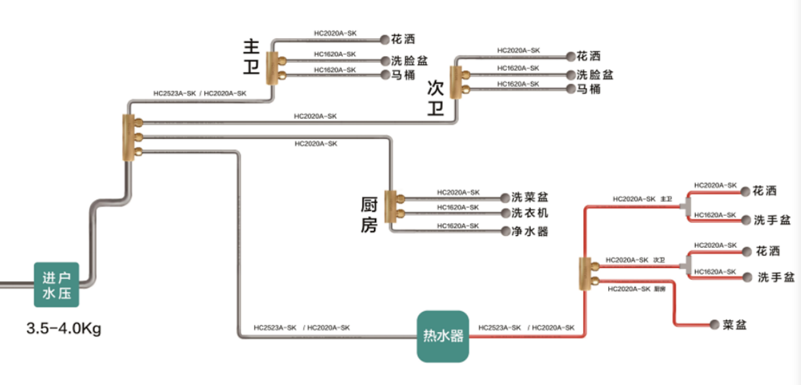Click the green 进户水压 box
pos(56,284)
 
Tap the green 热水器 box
pos(443,337)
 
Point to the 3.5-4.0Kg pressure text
pos(63,329)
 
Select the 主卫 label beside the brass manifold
pos(251,57)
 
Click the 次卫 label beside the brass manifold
pos(435,98)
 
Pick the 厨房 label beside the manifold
pos(369,215)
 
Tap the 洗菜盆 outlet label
pos(530,197)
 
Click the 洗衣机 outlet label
pos(530,213)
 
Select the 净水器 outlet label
pos(530,231)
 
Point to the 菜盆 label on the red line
pos(734,325)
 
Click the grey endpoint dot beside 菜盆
pos(714,325)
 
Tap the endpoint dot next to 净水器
pos(505,231)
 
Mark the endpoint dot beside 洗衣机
pos(505,213)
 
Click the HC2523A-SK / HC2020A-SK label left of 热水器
pos(301,327)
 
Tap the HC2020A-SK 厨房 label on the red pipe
pos(636,289)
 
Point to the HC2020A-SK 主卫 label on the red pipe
pos(642,199)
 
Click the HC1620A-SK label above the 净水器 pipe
pos(458,226)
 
